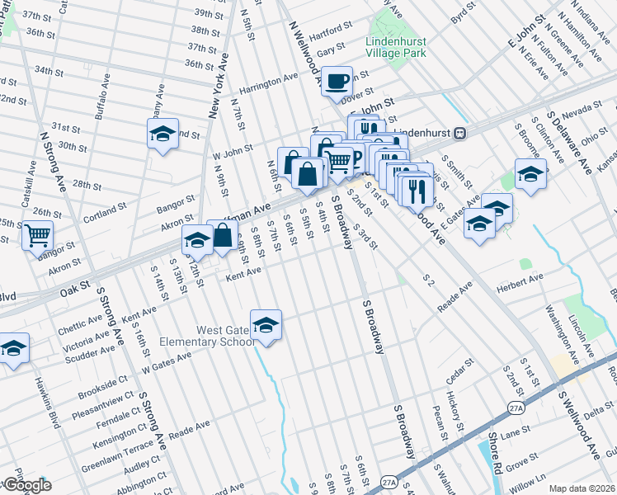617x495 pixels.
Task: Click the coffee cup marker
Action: (337, 82)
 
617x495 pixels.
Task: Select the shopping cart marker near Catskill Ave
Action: (38, 236)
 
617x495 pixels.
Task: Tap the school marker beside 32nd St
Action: (163, 134)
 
